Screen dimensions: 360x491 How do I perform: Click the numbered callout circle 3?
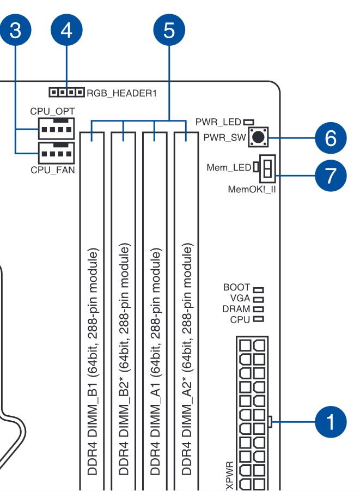15,30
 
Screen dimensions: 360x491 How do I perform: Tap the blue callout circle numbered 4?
66,30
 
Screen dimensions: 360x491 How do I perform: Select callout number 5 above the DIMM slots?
169,30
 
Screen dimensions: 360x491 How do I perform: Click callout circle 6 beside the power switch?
331,138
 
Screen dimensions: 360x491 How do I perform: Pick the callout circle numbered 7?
331,175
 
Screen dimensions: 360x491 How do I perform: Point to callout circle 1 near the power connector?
331,422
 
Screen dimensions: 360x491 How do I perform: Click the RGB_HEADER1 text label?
121,93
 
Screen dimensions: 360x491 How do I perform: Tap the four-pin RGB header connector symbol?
66,93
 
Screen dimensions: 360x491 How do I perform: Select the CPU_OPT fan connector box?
56,129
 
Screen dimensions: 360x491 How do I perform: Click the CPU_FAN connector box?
56,153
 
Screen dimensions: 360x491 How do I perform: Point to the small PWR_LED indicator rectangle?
249,122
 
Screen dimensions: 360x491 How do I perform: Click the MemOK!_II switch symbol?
267,168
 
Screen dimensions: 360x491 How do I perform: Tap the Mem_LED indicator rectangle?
256,167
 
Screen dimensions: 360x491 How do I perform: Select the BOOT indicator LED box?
258,290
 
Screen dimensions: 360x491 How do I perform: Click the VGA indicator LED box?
258,300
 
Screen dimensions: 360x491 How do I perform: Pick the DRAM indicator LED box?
258,310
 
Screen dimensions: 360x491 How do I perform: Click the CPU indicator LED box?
258,319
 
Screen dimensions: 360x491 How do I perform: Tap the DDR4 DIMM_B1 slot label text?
93,362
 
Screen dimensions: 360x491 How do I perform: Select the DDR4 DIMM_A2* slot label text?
187,359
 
